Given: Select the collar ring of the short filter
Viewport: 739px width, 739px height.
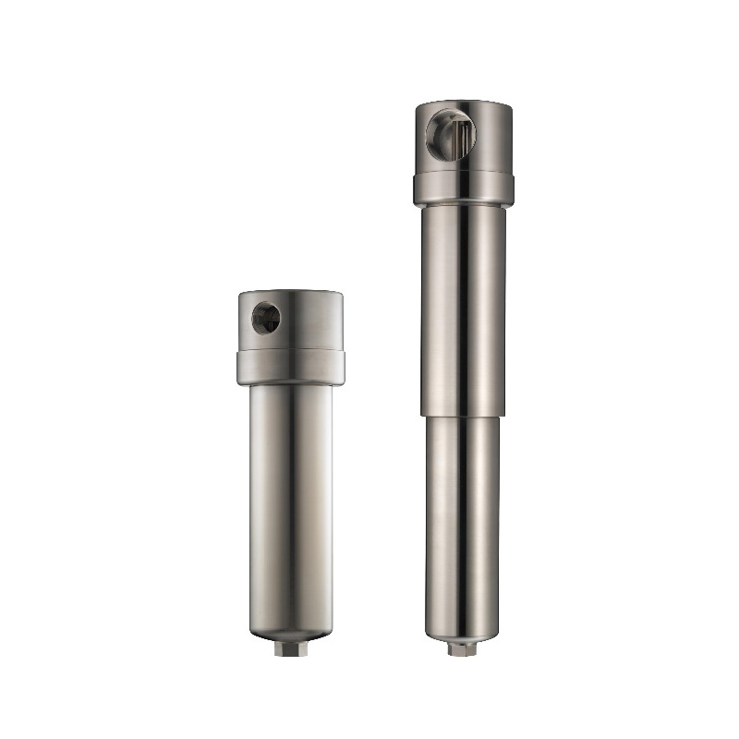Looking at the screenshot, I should (x=290, y=367).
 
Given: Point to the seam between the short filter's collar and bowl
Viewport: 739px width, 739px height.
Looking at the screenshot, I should (x=290, y=384).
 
